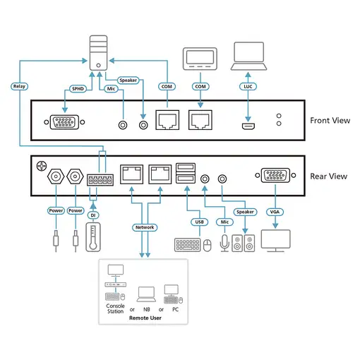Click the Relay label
coord(19,86)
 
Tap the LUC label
coord(248,86)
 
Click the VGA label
coord(274,211)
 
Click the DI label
coord(92,215)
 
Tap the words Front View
coord(330,121)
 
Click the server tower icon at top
coord(98,52)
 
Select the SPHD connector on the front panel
coord(66,124)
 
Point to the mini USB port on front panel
coord(248,127)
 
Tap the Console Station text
coord(115,308)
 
